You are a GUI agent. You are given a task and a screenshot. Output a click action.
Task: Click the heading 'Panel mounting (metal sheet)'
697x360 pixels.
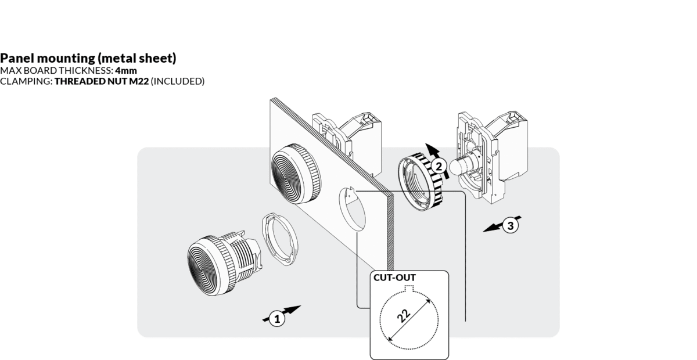tap(88, 59)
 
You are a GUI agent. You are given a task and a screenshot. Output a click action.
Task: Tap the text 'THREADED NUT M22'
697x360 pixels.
tap(102, 81)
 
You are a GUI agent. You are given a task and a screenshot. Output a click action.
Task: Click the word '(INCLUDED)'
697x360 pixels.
tap(178, 81)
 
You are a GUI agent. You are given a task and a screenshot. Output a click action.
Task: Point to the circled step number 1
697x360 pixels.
tap(277, 318)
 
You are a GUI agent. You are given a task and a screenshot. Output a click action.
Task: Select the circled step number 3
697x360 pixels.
tap(509, 226)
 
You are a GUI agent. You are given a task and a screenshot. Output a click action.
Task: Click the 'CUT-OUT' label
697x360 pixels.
tap(395, 277)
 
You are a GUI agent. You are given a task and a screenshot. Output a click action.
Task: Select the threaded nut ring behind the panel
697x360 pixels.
tap(419, 183)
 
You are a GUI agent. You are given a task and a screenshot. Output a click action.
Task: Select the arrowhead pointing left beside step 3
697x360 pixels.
tap(489, 230)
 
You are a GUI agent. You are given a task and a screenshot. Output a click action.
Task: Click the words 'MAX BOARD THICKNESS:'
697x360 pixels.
tap(57, 70)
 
